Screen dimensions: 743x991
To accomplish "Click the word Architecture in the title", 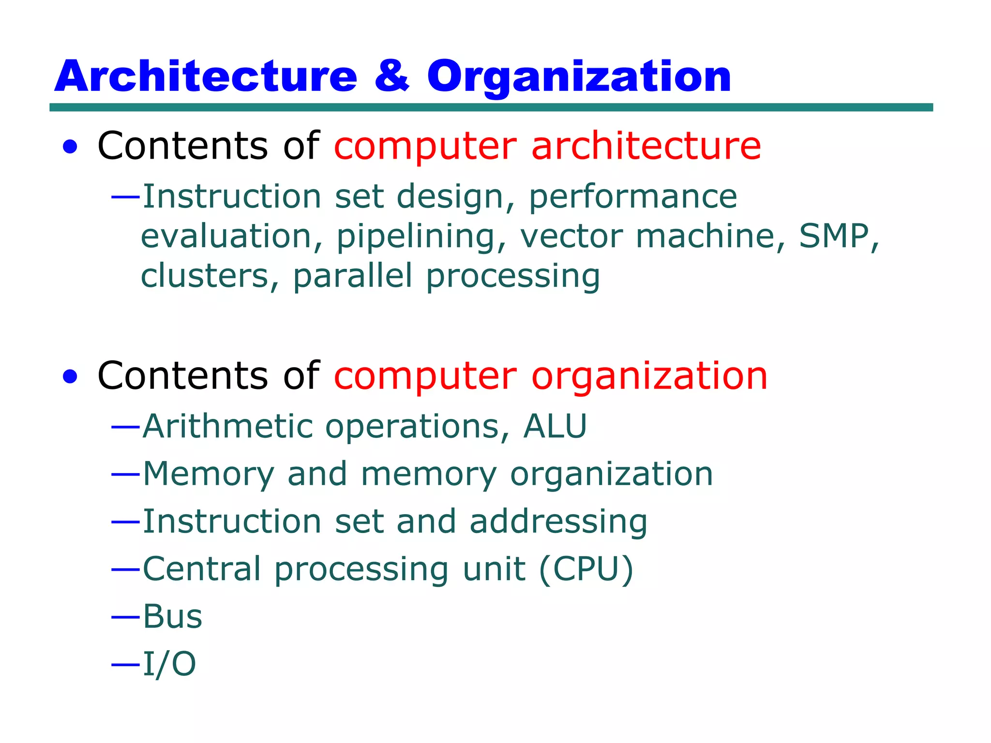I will tap(206, 76).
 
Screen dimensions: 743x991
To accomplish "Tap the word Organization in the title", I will tap(579, 77).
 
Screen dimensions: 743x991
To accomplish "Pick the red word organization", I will tap(649, 377).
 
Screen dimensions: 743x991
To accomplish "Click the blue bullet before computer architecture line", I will tap(70, 147).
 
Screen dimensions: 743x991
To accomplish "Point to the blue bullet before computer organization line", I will tap(70, 377).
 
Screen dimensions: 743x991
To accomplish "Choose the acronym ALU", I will tap(555, 426).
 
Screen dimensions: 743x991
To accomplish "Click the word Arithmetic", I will tap(228, 426).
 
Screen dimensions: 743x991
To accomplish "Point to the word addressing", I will tap(558, 522).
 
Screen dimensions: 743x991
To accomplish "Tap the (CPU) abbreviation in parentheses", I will tap(586, 569).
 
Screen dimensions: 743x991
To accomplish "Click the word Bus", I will tap(172, 617).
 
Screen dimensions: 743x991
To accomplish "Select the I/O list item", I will tap(169, 664).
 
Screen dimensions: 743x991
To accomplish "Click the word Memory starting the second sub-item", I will tap(209, 474).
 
